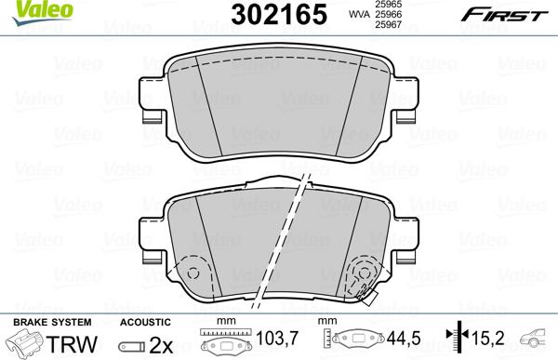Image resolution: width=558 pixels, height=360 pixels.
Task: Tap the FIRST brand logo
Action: pyautogui.click(x=512, y=15)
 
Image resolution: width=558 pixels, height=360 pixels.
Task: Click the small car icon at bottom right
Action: pyautogui.click(x=537, y=341)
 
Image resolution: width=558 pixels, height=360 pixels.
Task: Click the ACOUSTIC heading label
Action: pyautogui.click(x=144, y=321)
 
